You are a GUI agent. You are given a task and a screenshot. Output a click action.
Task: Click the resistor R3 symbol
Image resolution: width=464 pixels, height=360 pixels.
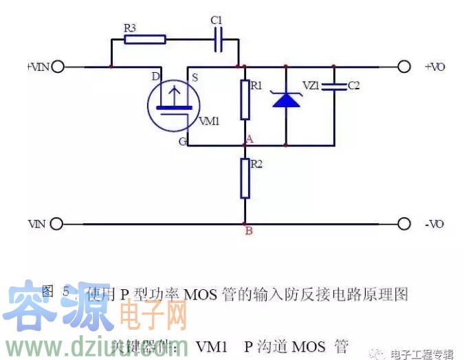point(145,39)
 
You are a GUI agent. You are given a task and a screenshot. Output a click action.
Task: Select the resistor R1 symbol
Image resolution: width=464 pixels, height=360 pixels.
point(245,100)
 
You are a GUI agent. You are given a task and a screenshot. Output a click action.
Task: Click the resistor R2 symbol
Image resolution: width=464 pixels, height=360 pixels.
point(245,178)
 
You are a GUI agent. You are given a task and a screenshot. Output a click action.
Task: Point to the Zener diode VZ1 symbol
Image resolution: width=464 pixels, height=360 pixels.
point(285,100)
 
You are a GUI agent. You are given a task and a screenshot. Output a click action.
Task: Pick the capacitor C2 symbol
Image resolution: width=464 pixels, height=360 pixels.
point(334,87)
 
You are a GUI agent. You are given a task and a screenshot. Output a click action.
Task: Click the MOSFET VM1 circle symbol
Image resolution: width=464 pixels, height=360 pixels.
point(173,103)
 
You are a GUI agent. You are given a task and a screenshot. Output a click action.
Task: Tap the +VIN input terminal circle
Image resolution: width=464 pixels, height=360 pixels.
point(57,67)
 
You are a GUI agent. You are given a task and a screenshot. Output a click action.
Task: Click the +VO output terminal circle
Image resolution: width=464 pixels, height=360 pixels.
point(405,67)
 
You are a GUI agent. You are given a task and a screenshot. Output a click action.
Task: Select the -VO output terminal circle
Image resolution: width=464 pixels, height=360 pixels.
point(405,224)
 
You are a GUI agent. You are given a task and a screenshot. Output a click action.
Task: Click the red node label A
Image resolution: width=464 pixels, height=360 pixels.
point(250,139)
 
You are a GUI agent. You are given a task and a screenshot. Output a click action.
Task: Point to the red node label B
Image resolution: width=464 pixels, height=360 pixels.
point(249,231)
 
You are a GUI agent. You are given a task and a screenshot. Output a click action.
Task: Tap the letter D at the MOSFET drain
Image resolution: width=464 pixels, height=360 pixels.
point(155,76)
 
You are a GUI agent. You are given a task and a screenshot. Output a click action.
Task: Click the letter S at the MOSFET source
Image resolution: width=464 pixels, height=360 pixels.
point(195,78)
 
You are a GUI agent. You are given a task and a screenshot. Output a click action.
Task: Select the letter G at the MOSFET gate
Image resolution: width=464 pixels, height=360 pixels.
point(182,142)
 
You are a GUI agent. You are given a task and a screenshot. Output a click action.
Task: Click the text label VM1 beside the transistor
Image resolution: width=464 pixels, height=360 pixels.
point(209,121)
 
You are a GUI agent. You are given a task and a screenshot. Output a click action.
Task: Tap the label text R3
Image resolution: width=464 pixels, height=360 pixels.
point(130,27)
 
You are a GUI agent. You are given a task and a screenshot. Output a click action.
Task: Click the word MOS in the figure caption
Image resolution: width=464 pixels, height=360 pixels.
point(201,295)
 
